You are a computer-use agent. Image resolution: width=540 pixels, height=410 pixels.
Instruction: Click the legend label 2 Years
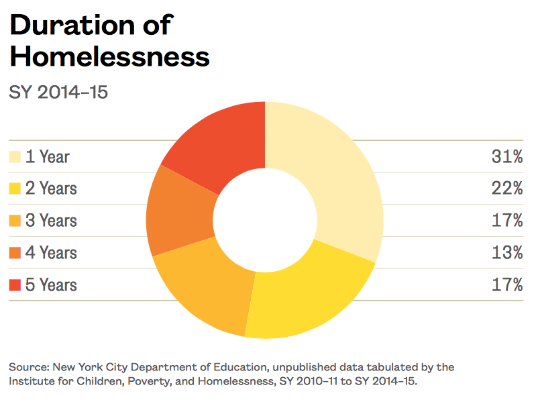coord(51,189)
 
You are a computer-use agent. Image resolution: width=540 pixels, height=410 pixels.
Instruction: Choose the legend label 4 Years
coord(51,253)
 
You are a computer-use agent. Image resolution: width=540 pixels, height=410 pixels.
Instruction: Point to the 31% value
coord(506,157)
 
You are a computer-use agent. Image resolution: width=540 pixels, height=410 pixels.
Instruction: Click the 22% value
coord(506,189)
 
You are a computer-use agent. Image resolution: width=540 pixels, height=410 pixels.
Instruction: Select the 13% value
coord(506,253)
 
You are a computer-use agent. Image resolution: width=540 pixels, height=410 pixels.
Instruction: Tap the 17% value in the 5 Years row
coord(506,285)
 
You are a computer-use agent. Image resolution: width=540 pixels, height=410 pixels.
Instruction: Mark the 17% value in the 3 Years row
coord(506,221)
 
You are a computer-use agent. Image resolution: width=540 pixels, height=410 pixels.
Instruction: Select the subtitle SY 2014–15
coord(58,92)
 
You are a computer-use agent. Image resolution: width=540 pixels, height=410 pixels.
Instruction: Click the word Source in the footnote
coord(26,368)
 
